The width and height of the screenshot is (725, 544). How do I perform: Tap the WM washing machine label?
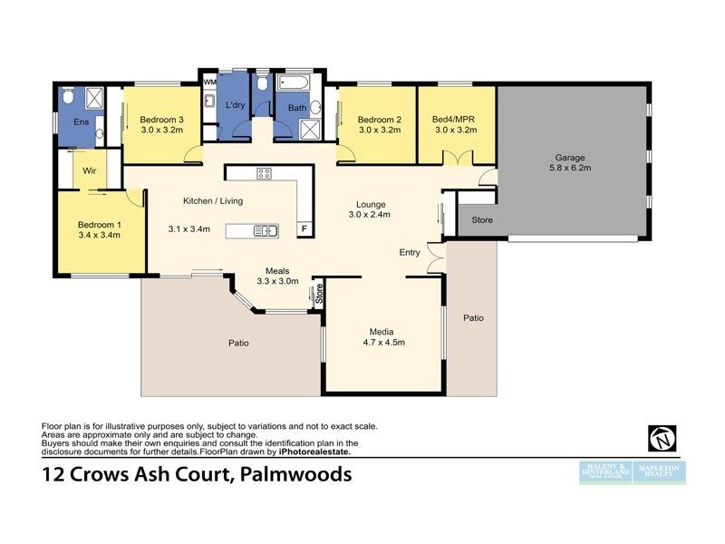[209, 83]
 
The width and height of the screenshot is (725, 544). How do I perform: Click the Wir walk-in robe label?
[90, 170]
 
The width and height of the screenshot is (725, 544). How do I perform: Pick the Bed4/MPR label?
[455, 120]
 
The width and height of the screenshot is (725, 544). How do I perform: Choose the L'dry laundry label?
[236, 106]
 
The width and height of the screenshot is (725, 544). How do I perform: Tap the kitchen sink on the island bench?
[265, 230]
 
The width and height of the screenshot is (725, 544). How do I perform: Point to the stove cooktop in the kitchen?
[265, 174]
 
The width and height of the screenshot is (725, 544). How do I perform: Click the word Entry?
[409, 252]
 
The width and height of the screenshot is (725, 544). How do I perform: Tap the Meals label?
[277, 270]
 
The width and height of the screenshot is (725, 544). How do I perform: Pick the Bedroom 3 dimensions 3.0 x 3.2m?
[162, 131]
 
